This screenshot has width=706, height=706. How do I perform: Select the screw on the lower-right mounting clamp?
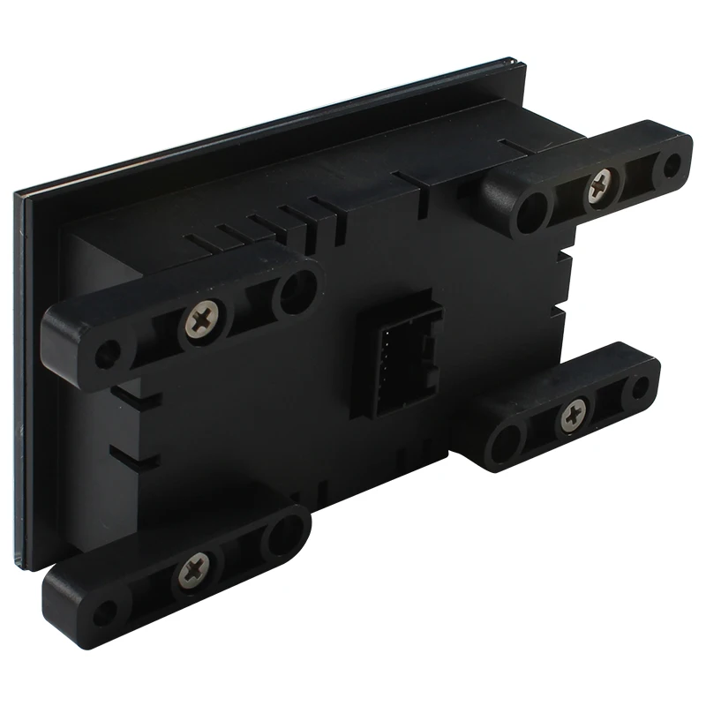[x=573, y=414]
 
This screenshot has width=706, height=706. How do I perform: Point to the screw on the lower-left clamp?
[x=196, y=572]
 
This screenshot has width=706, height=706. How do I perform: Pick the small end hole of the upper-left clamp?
[x=108, y=354]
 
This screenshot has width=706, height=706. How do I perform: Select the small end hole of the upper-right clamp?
[x=672, y=164]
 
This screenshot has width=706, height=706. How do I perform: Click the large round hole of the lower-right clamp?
[x=507, y=440]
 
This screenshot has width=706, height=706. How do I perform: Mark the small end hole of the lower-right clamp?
[x=640, y=387]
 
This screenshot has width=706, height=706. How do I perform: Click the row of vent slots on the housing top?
[x=265, y=225]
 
